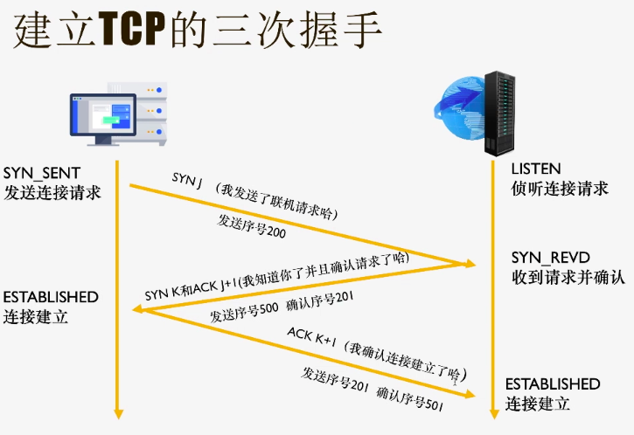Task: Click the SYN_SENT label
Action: click(x=42, y=171)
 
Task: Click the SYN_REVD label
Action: click(x=551, y=259)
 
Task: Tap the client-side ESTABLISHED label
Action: click(x=52, y=297)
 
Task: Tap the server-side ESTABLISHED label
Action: click(x=553, y=384)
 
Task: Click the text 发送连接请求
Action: click(x=52, y=191)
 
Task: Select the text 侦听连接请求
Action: click(x=560, y=188)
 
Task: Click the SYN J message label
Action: click(x=186, y=178)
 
